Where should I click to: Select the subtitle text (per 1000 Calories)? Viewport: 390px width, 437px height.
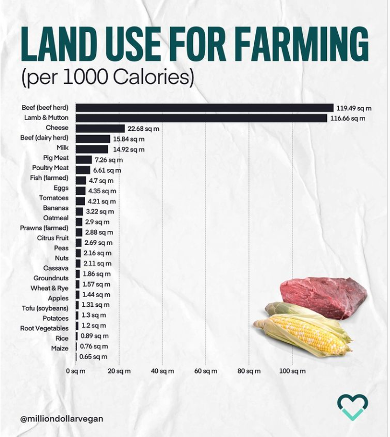(x=107, y=77)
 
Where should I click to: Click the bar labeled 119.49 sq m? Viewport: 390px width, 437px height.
(x=205, y=108)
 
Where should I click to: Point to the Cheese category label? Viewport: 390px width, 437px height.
(x=57, y=128)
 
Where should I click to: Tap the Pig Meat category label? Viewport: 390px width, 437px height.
(x=56, y=158)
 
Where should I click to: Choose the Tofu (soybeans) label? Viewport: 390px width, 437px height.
(x=44, y=308)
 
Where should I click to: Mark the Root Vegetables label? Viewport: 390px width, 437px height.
(x=44, y=328)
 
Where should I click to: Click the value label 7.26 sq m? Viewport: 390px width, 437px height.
(x=109, y=160)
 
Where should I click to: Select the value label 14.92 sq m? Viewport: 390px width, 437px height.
(x=128, y=149)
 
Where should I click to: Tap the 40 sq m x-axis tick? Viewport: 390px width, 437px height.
(x=163, y=371)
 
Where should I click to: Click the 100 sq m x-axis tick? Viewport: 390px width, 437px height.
(x=292, y=371)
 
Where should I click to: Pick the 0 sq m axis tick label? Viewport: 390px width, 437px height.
(x=75, y=371)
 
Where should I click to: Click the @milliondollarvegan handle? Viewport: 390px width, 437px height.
(x=61, y=418)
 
